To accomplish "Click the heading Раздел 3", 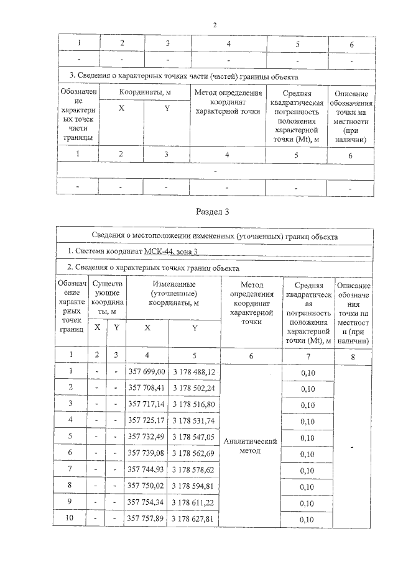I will pyautogui.click(x=213, y=212).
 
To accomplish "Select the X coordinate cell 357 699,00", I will pyautogui.click(x=147, y=371).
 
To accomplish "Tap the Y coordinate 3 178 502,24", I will pyautogui.click(x=194, y=388).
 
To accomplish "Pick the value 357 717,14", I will pyautogui.click(x=147, y=404).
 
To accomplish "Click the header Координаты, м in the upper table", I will pyautogui.click(x=144, y=92).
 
